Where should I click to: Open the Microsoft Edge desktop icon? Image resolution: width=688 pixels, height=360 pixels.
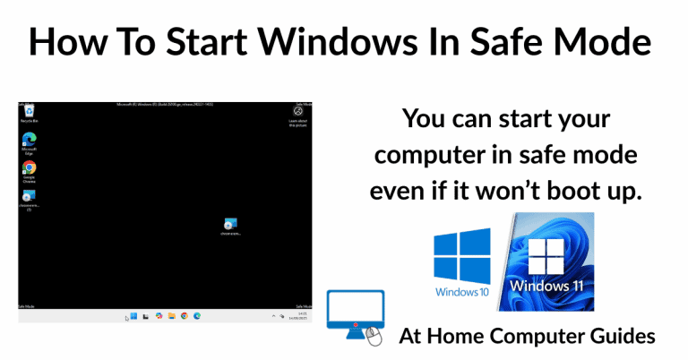pos(29,141)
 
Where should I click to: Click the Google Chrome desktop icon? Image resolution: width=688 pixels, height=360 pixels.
pos(29,167)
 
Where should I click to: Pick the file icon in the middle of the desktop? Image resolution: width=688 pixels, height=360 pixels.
pos(230,223)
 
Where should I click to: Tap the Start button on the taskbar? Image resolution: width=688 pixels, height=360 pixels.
pos(133,315)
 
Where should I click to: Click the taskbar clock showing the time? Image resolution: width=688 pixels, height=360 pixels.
pos(303,316)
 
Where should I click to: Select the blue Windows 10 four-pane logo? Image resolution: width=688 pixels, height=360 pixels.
pos(461,256)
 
